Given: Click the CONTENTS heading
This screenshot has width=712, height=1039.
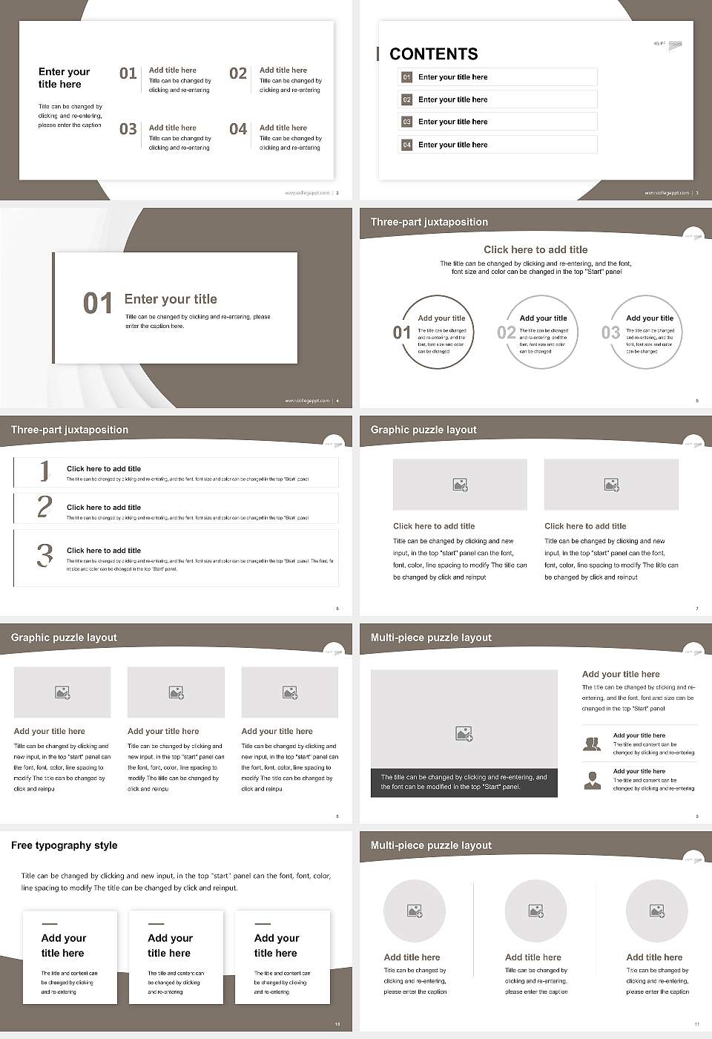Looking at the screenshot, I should click(433, 54).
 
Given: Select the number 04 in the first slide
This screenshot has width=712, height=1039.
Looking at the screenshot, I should click(238, 130).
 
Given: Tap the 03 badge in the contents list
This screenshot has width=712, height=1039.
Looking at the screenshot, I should click(406, 122).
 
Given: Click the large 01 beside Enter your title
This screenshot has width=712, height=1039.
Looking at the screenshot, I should click(97, 304).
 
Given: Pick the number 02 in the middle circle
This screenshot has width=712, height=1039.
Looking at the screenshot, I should click(507, 332).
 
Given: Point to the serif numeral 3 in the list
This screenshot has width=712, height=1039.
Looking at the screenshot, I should click(45, 555).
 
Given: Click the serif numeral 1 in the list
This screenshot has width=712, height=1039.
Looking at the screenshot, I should click(44, 471).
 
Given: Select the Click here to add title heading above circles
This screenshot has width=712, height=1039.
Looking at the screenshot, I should click(535, 250).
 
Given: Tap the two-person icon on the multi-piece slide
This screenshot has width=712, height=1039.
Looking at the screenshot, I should click(592, 744).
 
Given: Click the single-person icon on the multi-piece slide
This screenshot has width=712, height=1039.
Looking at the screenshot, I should click(592, 780).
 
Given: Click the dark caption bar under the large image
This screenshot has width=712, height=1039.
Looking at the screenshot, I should click(464, 782).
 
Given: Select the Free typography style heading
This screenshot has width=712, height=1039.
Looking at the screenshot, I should click(65, 845).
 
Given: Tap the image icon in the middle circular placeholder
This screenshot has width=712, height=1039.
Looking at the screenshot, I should click(535, 911).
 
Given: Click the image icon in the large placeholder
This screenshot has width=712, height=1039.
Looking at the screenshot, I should click(464, 734).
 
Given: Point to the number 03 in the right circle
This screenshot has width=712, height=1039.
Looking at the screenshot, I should click(610, 332).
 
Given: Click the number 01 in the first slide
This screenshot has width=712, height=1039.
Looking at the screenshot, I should click(128, 73).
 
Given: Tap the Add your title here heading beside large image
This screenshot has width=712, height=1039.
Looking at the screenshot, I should click(621, 675).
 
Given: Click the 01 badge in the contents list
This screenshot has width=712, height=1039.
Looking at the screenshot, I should click(406, 77).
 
